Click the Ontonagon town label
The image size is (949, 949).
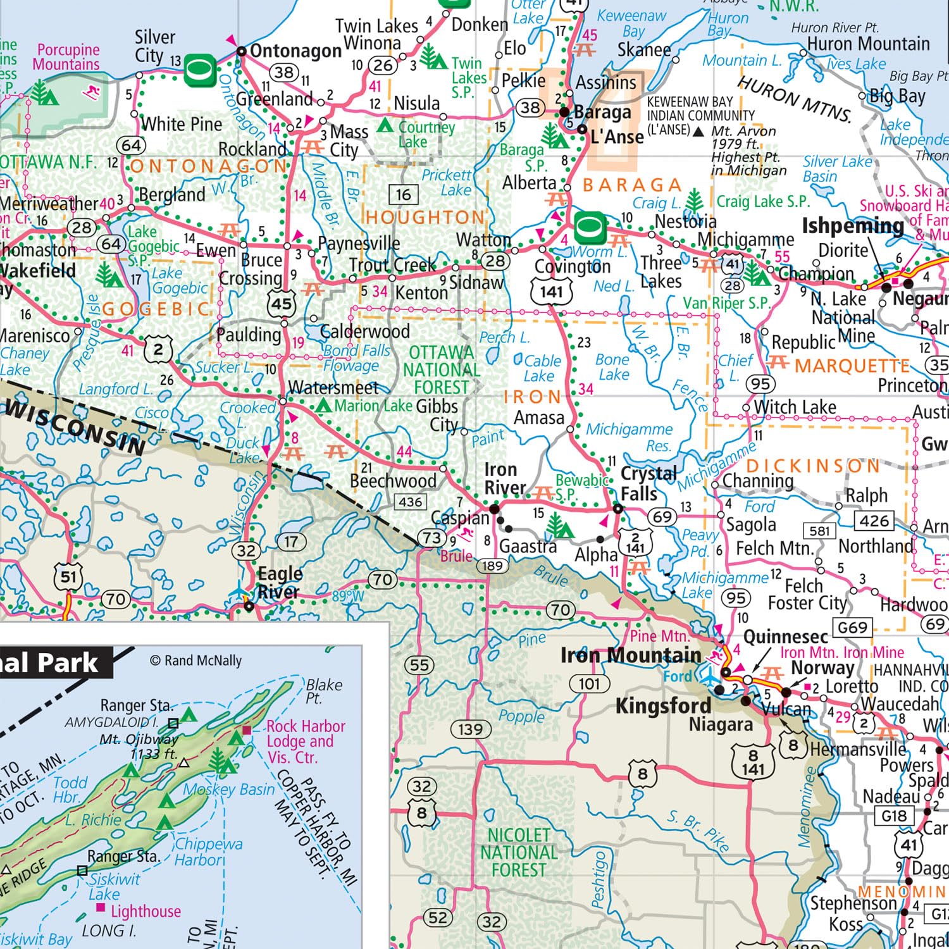(x=295, y=51)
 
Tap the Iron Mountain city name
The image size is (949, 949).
(x=631, y=655)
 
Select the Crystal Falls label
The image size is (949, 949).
(x=648, y=483)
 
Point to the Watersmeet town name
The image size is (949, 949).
(x=333, y=387)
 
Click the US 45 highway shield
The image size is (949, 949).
(x=282, y=304)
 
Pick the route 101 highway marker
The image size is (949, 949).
(x=589, y=684)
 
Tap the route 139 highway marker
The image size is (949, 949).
(x=470, y=729)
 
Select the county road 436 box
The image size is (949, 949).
(x=411, y=502)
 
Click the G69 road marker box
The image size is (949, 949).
(x=852, y=628)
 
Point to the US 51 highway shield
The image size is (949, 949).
(x=68, y=577)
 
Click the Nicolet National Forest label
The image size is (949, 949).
(x=519, y=853)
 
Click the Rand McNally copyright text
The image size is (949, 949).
(x=196, y=661)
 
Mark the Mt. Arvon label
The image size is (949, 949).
(x=743, y=131)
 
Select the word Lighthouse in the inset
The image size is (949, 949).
(x=146, y=911)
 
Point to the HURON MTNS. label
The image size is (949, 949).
(x=795, y=99)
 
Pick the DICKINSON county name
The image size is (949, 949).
(x=813, y=466)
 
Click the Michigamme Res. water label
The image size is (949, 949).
(x=629, y=437)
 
